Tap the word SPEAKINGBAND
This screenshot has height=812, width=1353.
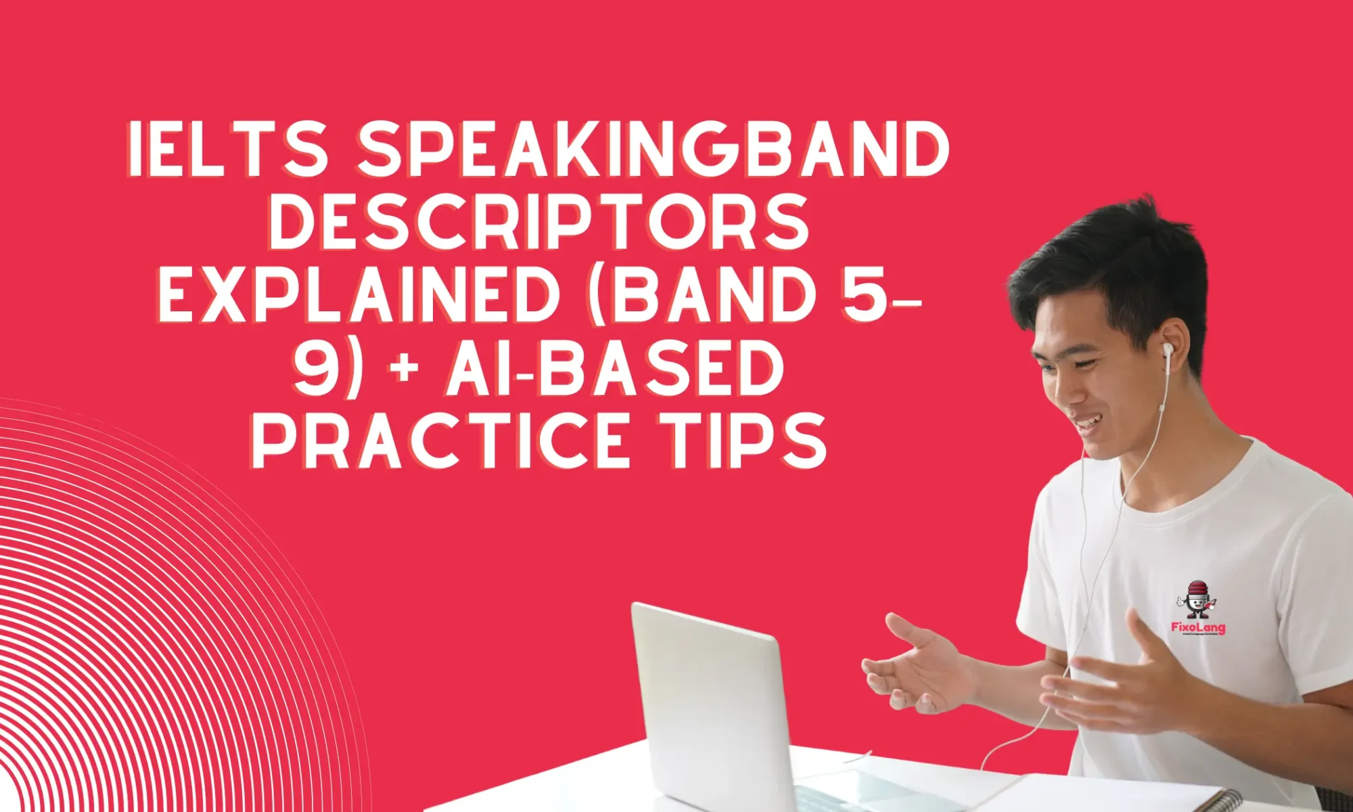(653, 150)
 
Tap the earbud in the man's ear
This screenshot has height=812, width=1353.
(1168, 350)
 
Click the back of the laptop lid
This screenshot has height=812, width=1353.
(710, 704)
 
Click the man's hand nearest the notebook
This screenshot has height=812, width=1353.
(1123, 683)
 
